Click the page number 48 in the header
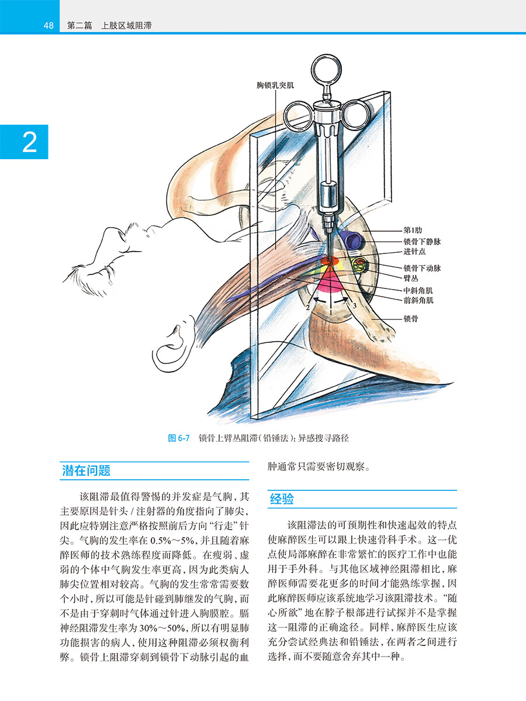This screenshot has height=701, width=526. pyautogui.click(x=49, y=26)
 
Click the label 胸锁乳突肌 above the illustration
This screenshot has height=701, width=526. pyautogui.click(x=275, y=85)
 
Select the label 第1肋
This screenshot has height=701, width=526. pyautogui.click(x=413, y=230)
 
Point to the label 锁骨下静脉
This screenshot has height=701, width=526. pyautogui.click(x=422, y=242)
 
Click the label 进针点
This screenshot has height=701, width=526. pyautogui.click(x=414, y=252)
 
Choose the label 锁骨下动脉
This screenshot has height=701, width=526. pyautogui.click(x=422, y=268)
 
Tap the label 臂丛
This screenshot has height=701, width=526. pyautogui.click(x=411, y=278)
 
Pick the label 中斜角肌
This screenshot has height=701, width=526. pyautogui.click(x=418, y=291)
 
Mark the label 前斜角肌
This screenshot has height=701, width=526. pyautogui.click(x=418, y=300)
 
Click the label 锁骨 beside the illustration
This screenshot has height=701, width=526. pyautogui.click(x=411, y=319)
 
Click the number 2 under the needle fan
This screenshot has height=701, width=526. pyautogui.click(x=307, y=308)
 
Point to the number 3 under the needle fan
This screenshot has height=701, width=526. pyautogui.click(x=354, y=306)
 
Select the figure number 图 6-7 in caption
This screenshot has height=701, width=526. pyautogui.click(x=179, y=438)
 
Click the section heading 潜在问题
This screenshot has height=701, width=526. pyautogui.click(x=86, y=471)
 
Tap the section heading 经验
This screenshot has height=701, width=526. pyautogui.click(x=282, y=499)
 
